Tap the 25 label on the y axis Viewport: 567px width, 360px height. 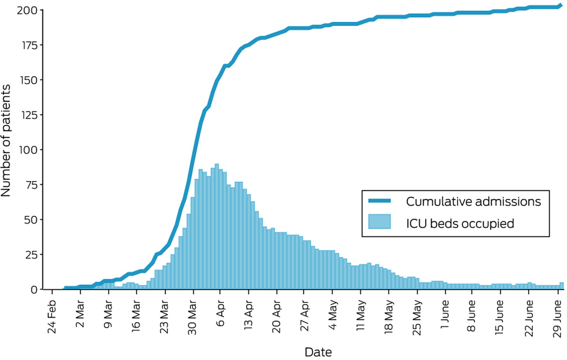click(x=30, y=255)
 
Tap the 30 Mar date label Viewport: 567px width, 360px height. click(x=193, y=315)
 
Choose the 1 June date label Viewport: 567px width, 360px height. click(x=444, y=315)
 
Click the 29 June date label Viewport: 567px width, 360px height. click(x=557, y=315)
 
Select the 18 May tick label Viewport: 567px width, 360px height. click(x=389, y=315)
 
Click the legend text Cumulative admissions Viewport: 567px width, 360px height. click(x=473, y=201)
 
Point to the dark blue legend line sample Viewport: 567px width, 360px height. click(x=379, y=201)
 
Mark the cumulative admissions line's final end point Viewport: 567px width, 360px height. click(x=561, y=5)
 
